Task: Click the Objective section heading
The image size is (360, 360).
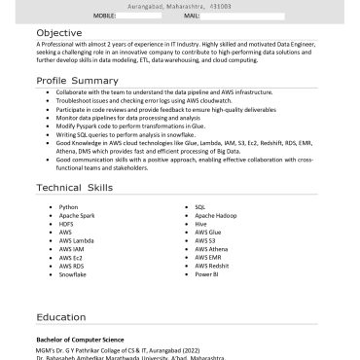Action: (x=60, y=32)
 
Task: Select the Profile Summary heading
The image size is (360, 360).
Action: (x=77, y=79)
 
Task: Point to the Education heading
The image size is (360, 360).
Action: (x=61, y=317)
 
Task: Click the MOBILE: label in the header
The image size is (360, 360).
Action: (x=105, y=17)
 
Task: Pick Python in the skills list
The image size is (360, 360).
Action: (x=68, y=207)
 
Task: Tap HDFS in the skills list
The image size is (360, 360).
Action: (x=66, y=224)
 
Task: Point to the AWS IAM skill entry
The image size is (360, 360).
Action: (x=71, y=249)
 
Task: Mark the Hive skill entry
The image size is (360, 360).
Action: (x=200, y=224)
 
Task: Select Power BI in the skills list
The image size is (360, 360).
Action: (x=205, y=274)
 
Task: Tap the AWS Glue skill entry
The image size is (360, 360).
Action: (x=208, y=233)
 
